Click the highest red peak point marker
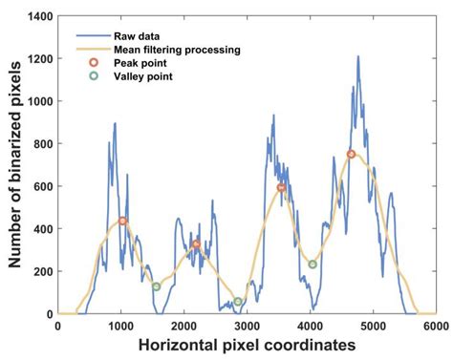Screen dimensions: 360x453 351,154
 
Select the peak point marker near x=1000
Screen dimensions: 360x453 122,222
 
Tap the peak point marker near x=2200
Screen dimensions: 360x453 196,244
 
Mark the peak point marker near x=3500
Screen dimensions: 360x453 281,188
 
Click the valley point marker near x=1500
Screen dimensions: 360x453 156,286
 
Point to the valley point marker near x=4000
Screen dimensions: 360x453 313,265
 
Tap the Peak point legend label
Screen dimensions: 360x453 140,63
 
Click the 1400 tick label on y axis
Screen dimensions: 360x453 39,16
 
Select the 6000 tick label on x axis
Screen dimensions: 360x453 434,326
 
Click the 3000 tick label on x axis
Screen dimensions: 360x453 247,326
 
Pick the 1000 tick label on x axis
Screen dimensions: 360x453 121,326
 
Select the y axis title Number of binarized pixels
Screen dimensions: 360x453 13,164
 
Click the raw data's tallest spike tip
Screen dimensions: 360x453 358,56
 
